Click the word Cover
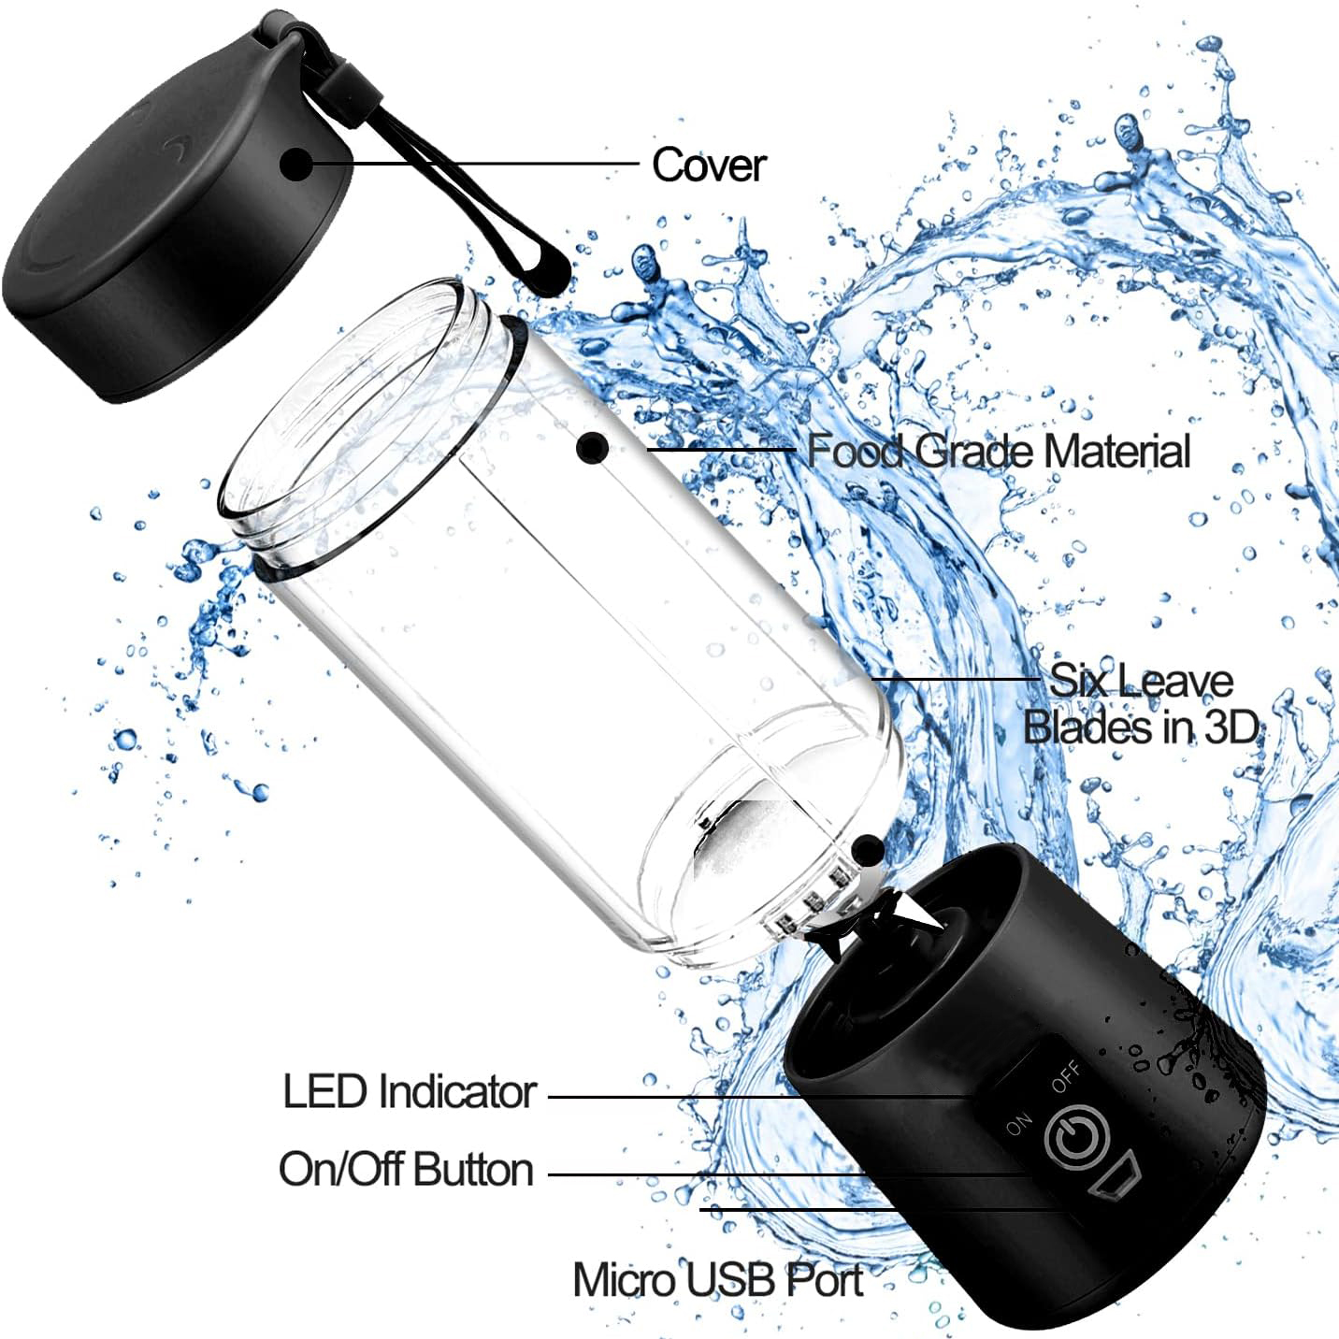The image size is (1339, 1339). tap(709, 166)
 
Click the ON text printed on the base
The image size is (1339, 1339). tap(1019, 1124)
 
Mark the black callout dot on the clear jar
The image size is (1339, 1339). tap(593, 448)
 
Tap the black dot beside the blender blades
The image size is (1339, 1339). tap(868, 851)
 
